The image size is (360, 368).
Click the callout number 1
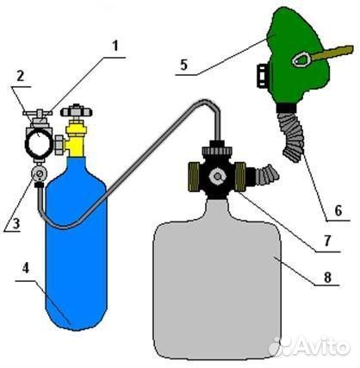coord(115,46)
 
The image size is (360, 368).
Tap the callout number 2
coord(20,76)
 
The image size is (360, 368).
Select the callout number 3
coord(16,223)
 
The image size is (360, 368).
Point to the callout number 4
coord(26,269)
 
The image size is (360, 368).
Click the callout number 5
coord(183,65)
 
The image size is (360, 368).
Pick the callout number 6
coord(338,211)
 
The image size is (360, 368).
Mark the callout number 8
coord(327,278)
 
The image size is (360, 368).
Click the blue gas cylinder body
coord(77,243)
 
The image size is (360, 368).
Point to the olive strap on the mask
coord(331,53)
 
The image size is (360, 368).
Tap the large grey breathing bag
coord(217,278)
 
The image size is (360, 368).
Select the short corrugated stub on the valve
coord(266,175)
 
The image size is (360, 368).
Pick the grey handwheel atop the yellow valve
coord(76,111)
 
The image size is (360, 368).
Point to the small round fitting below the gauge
coord(39,174)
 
